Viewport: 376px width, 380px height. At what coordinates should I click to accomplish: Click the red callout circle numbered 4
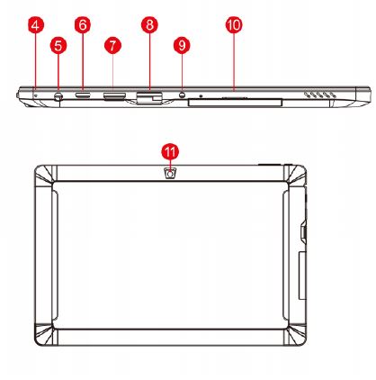[35, 24]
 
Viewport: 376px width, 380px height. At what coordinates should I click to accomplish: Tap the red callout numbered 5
[58, 46]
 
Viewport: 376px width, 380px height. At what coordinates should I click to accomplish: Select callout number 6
[83, 24]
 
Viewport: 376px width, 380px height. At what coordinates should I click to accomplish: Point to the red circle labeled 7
[112, 46]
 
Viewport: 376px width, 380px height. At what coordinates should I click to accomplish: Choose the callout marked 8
[149, 24]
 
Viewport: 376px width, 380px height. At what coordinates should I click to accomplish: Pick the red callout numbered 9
[182, 46]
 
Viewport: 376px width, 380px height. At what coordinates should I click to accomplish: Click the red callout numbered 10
[234, 24]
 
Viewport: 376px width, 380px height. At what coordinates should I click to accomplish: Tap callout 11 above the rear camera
[170, 151]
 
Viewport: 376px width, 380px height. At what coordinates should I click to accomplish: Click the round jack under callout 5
[58, 96]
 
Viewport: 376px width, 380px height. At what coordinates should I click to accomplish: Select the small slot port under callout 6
[83, 95]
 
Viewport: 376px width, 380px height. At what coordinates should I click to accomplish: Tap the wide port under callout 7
[114, 96]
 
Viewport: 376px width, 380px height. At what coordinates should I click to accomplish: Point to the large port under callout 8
[149, 97]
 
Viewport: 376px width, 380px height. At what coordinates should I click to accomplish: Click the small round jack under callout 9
[182, 95]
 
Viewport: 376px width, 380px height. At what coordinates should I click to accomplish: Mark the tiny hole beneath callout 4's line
[37, 95]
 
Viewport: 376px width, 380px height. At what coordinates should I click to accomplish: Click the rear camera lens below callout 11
[170, 174]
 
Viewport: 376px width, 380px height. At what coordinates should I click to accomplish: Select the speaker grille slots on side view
[320, 95]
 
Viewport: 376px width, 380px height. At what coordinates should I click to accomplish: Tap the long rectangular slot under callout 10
[235, 103]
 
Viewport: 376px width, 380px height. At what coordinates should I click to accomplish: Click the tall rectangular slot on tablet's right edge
[302, 276]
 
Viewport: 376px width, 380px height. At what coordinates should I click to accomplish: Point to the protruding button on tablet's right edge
[303, 231]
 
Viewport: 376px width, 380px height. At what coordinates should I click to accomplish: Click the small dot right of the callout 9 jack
[201, 96]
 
